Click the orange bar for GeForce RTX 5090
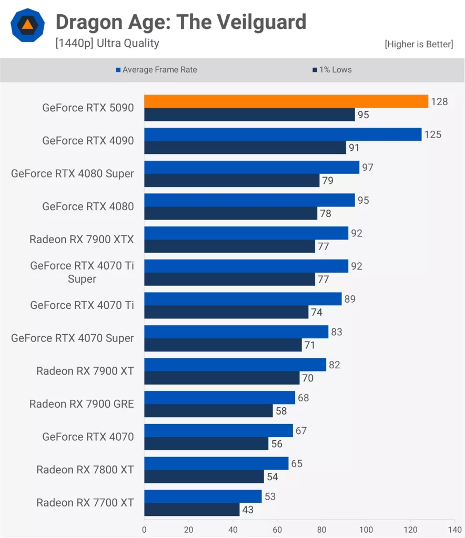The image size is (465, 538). [x=286, y=101]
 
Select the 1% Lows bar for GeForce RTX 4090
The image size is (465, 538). [x=245, y=148]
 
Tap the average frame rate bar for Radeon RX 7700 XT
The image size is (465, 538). [x=203, y=496]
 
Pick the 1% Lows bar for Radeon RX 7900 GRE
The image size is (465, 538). [x=208, y=411]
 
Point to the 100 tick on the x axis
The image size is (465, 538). [x=366, y=530]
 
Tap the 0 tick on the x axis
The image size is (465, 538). [x=144, y=530]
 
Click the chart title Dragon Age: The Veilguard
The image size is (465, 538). [x=181, y=22]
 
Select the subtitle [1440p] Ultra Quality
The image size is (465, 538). [x=107, y=43]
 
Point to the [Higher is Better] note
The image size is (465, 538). [x=419, y=44]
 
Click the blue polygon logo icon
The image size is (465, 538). [x=28, y=25]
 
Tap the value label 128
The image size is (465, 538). [x=439, y=102]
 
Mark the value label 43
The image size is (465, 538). [x=248, y=510]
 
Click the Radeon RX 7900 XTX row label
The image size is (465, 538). [x=82, y=239]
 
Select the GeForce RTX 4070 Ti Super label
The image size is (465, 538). [x=82, y=272]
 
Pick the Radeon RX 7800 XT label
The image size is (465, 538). [x=85, y=469]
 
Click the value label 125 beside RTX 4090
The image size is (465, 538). [x=432, y=134]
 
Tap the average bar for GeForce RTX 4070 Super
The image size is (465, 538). [x=236, y=332]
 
